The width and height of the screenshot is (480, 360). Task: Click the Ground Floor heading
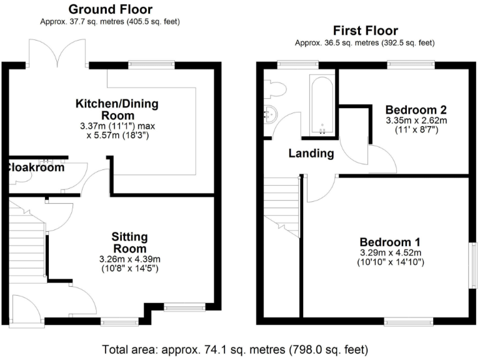(x=109, y=9)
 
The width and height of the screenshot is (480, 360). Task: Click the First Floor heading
(x=365, y=31)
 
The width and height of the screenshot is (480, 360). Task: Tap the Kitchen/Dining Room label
(x=117, y=109)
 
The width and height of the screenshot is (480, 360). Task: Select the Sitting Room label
(x=129, y=242)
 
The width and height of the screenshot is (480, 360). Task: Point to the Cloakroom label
(x=36, y=167)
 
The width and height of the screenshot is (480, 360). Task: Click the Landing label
(x=311, y=154)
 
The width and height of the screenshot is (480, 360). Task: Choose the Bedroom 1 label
(x=390, y=242)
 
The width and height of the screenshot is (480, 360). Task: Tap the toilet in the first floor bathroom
(x=275, y=90)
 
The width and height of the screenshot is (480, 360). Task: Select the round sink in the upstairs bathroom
(x=270, y=114)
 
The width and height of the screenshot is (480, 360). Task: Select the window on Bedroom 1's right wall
(x=473, y=266)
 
